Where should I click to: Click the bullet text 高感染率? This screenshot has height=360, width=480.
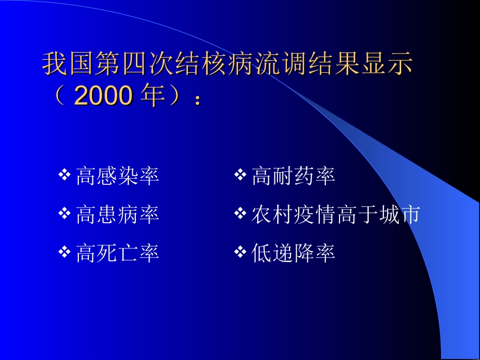(x=117, y=177)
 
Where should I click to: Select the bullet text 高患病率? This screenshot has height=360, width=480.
(x=117, y=215)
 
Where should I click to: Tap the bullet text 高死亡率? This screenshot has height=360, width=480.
(x=117, y=253)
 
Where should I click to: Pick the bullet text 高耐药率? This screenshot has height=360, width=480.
(x=293, y=177)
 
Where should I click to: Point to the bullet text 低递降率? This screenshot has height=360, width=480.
(x=293, y=253)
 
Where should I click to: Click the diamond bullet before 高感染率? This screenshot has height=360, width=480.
(x=64, y=176)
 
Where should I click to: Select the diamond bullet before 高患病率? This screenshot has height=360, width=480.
(x=64, y=214)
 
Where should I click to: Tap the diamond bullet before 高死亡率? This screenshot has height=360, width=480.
(x=64, y=252)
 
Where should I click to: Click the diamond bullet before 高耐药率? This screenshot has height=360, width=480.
(x=240, y=176)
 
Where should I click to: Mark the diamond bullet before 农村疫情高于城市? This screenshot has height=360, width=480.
(x=240, y=214)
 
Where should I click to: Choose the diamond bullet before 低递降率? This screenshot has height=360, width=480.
(x=240, y=252)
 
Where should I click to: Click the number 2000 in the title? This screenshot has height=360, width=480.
(x=103, y=96)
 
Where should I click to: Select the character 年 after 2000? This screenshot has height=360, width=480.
(x=153, y=96)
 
